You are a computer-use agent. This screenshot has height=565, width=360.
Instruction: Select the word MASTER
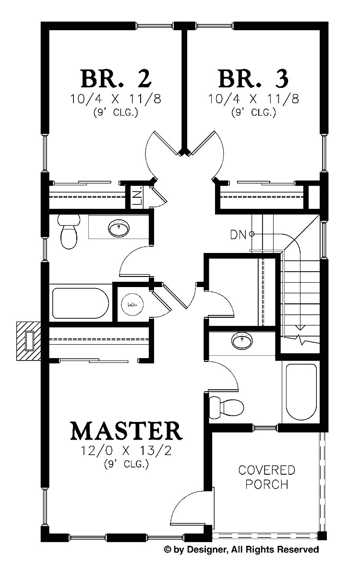[x=126, y=431]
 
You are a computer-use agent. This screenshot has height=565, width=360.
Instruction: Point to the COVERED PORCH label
[x=267, y=476]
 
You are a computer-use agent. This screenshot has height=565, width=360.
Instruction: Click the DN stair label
[x=238, y=234]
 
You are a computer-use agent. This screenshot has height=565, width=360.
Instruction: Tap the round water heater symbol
[x=131, y=304]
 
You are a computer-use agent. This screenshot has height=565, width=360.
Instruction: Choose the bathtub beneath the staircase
[x=301, y=392]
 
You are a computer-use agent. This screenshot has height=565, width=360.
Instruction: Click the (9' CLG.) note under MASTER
[x=126, y=464]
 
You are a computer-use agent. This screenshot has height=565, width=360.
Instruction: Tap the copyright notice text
[x=241, y=549]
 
